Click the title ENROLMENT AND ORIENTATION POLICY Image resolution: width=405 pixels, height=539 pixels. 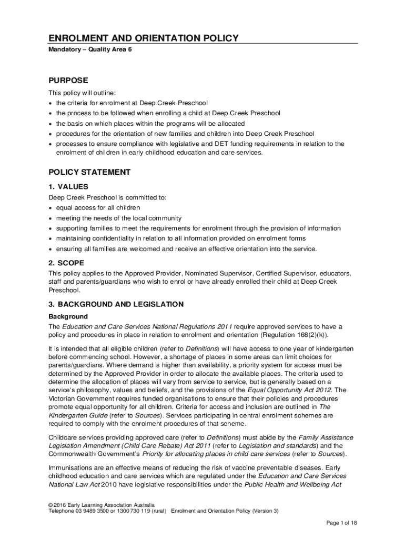tap(144, 38)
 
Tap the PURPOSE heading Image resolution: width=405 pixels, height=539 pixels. tap(68, 81)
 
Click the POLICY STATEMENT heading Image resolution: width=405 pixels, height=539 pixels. tap(89, 172)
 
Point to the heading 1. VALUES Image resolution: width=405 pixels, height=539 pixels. tap(68, 187)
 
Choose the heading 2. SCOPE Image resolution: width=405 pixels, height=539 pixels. tap(66, 263)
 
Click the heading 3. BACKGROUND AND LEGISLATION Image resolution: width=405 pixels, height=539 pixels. tap(116, 304)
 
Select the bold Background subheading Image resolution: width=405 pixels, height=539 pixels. tap(68, 317)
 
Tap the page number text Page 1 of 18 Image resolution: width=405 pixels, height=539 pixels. tap(342, 522)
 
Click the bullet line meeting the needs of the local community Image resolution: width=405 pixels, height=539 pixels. tap(119, 218)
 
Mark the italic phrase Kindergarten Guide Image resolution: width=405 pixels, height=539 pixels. tap(75, 415)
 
